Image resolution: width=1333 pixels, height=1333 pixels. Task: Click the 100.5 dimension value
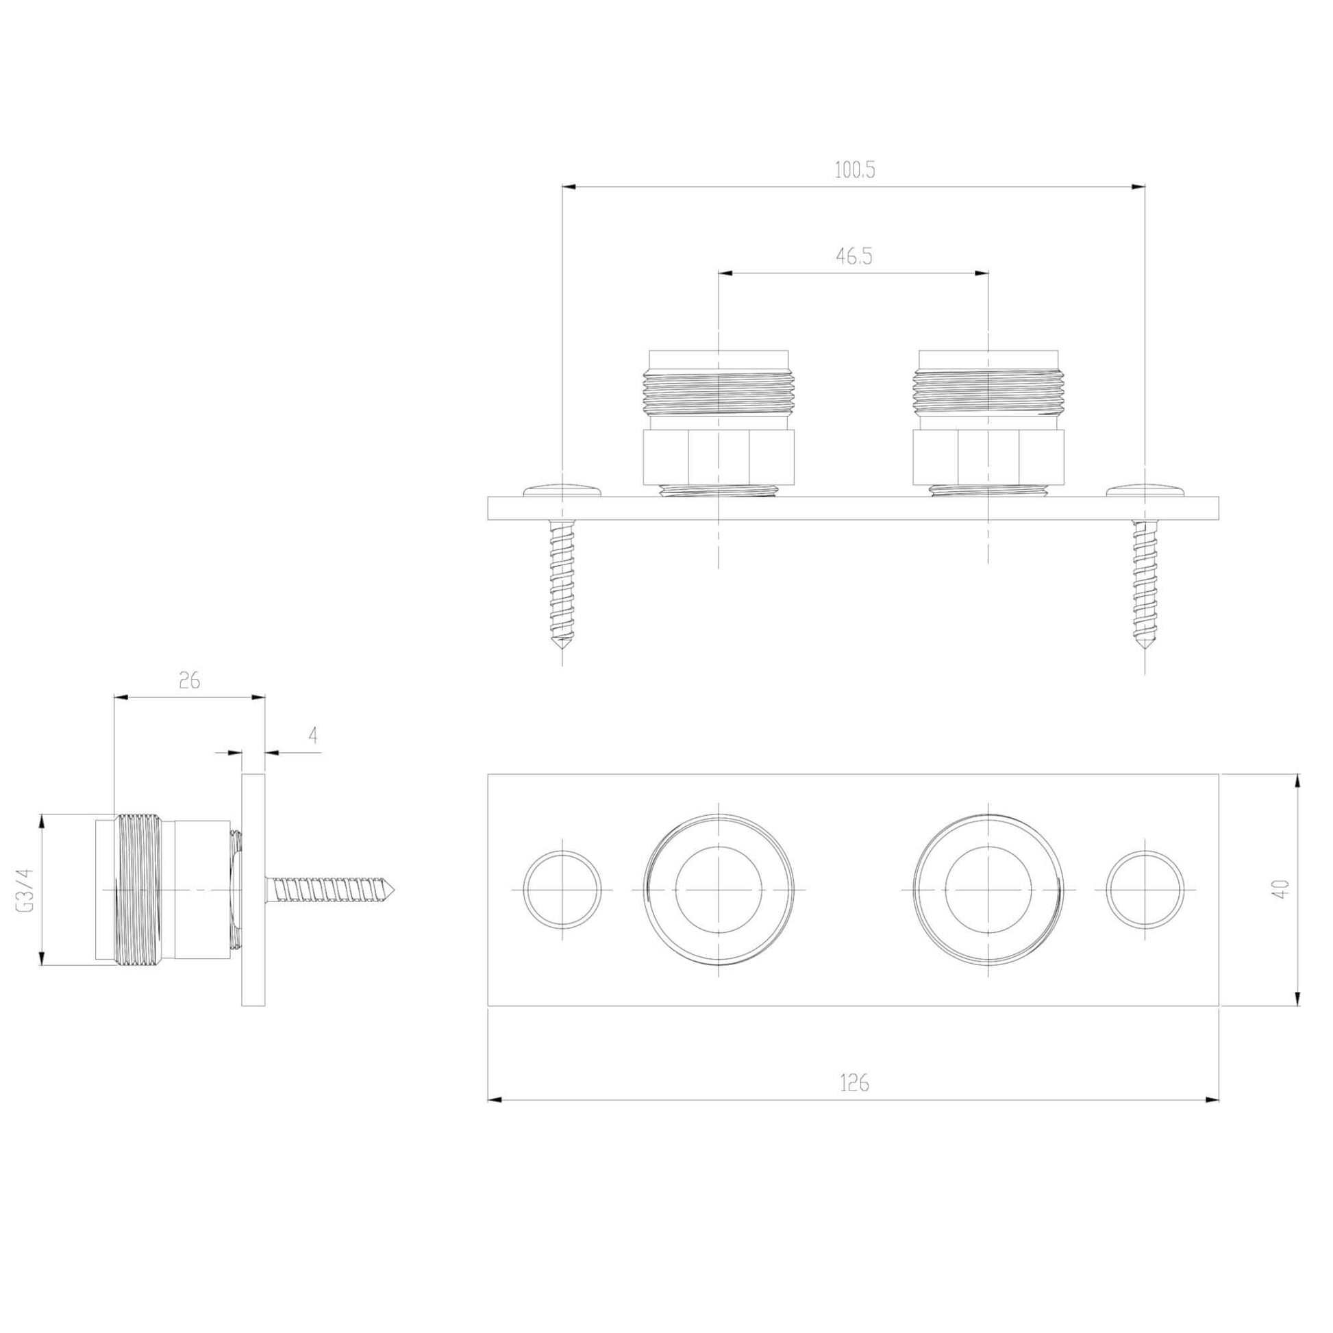point(854,171)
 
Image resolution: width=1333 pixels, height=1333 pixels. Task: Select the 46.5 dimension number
point(854,257)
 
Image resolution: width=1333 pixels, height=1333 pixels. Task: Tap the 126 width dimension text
point(854,1084)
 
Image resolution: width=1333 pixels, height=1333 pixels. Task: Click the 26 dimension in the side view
point(189,681)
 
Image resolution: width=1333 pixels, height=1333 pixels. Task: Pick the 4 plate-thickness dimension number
point(313,736)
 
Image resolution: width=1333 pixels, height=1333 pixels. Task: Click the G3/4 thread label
point(26,890)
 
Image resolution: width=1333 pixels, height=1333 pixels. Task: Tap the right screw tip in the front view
point(1145,649)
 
